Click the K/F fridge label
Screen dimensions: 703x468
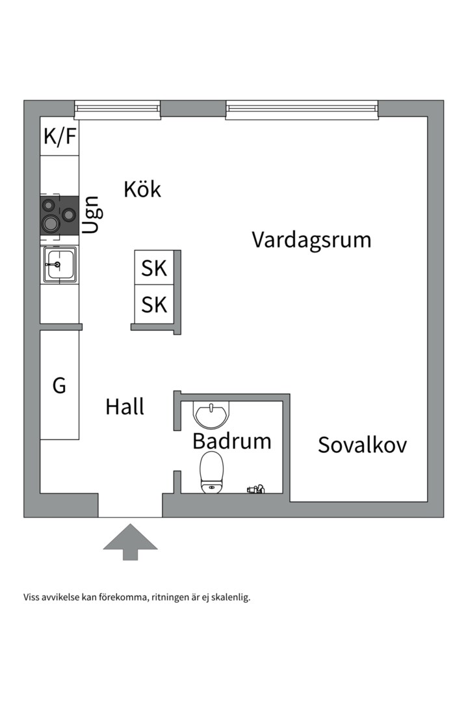60,137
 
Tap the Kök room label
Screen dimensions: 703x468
142,189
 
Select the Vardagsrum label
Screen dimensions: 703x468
311,240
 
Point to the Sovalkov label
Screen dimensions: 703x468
362,445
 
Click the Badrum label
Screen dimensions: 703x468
231,441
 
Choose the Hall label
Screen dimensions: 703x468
125,407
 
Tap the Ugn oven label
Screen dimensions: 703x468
92,215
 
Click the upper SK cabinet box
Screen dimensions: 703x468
154,268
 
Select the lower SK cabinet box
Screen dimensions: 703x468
154,305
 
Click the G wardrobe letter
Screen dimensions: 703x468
59,385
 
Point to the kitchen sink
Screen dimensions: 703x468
60,265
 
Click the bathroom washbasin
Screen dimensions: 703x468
211,414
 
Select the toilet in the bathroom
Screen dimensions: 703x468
211,472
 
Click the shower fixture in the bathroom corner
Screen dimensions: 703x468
255,488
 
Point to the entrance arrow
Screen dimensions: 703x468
130,541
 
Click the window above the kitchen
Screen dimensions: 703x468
117,109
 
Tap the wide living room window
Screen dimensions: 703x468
302,109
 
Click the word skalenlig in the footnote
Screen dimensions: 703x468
231,597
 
